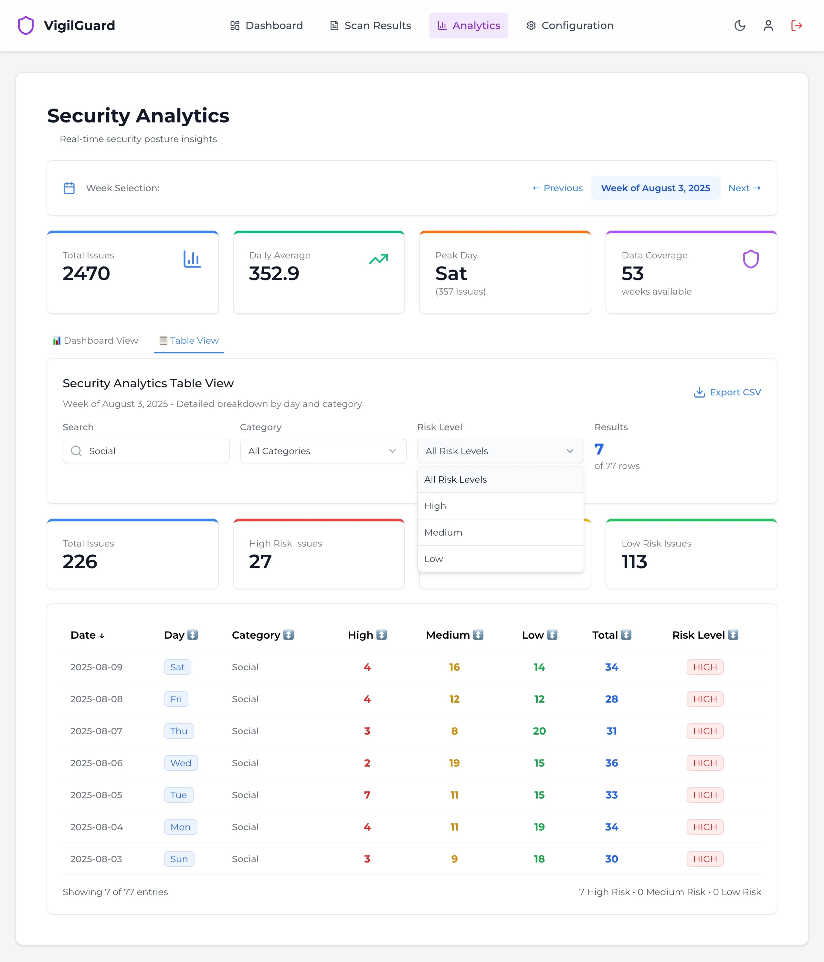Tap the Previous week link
tap(557, 188)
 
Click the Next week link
tap(744, 188)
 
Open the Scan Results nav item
tap(370, 26)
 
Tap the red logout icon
tap(797, 26)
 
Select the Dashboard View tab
tap(95, 340)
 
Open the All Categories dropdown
tap(323, 451)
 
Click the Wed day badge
tap(181, 763)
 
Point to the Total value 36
tap(611, 763)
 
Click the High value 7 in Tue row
tap(367, 795)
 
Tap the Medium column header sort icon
tap(478, 635)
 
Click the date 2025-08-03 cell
tap(96, 859)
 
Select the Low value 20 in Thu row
tap(539, 731)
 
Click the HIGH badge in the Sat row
tap(705, 667)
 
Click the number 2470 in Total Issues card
tap(86, 274)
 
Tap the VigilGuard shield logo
tap(26, 26)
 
